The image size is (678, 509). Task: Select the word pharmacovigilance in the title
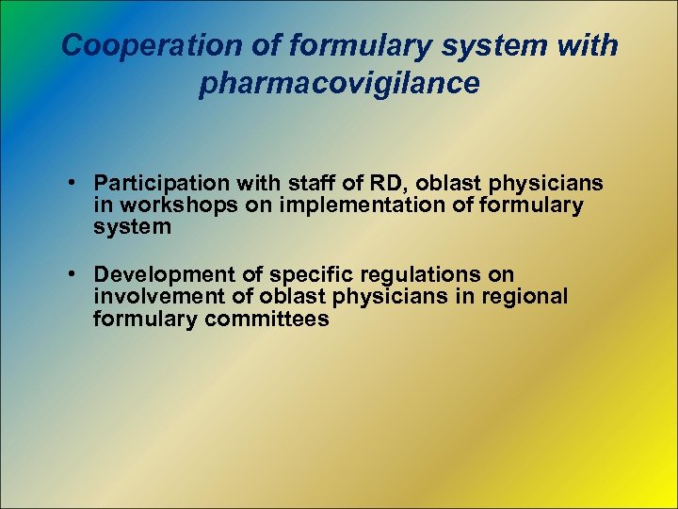(339, 83)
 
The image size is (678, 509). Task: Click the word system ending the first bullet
(132, 227)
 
